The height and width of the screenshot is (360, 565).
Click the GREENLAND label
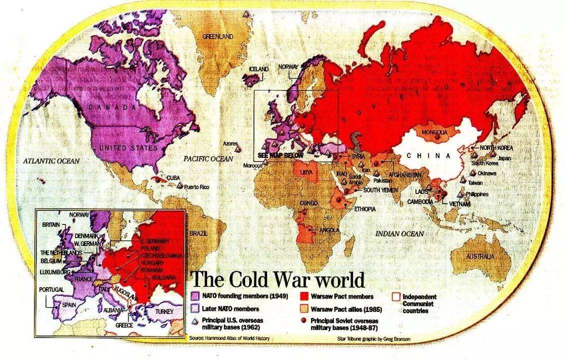click(217, 36)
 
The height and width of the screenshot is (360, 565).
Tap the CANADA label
click(113, 107)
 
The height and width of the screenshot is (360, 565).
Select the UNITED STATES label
click(128, 148)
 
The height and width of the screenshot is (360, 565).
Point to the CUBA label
click(173, 177)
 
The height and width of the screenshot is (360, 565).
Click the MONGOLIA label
click(431, 132)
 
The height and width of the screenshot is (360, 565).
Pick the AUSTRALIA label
click(480, 256)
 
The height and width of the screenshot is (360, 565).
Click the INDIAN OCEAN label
click(400, 233)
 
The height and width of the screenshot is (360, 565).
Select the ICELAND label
click(258, 69)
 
